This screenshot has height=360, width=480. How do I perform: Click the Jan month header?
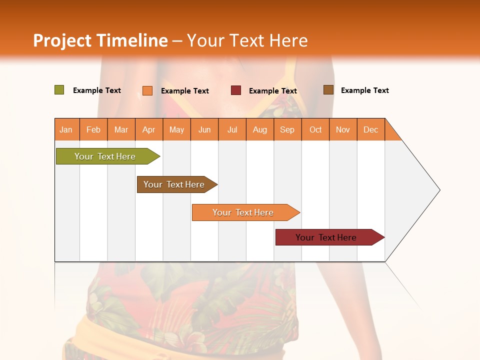(66, 129)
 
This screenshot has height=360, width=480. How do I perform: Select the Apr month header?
(149, 129)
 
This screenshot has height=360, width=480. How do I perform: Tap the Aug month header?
(260, 129)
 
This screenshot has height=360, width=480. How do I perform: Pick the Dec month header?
(371, 129)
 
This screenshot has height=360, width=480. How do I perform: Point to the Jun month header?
(204, 129)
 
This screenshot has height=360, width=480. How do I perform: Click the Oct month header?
(315, 129)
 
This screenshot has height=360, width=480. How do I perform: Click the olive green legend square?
(59, 90)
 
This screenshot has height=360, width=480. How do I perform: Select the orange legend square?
(147, 90)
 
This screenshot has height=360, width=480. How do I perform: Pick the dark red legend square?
(236, 90)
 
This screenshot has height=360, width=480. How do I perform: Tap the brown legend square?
(328, 90)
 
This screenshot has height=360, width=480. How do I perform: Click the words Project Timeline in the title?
(100, 40)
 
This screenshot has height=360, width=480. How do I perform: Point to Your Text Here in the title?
(247, 40)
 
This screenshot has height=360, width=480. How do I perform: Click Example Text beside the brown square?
(364, 90)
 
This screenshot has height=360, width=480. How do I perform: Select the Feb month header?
(93, 129)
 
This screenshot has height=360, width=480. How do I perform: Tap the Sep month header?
(287, 129)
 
